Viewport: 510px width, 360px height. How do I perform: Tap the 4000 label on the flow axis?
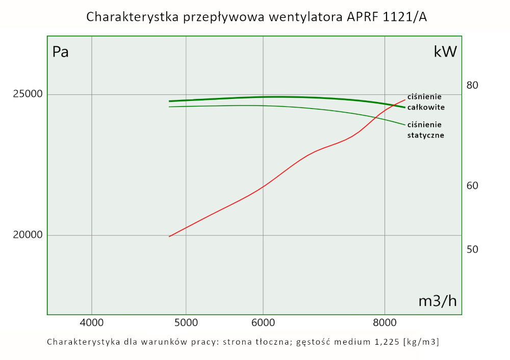[92, 322]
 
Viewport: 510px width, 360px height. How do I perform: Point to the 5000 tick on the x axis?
[186, 322]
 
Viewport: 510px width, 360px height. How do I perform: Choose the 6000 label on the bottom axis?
[263, 322]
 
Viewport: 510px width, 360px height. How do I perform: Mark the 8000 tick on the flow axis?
[385, 322]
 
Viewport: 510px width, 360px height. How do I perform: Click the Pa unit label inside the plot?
[61, 52]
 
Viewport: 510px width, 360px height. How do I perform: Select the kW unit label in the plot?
[445, 52]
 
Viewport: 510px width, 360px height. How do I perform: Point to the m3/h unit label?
[437, 301]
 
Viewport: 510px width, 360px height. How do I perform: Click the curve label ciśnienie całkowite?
[426, 102]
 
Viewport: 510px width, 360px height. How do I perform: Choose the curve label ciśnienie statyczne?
[426, 130]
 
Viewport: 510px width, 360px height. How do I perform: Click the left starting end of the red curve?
[169, 236]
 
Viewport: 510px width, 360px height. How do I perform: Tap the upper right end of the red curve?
[405, 100]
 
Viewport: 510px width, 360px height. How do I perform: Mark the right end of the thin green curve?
[404, 124]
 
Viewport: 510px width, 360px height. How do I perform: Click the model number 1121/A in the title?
[401, 17]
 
